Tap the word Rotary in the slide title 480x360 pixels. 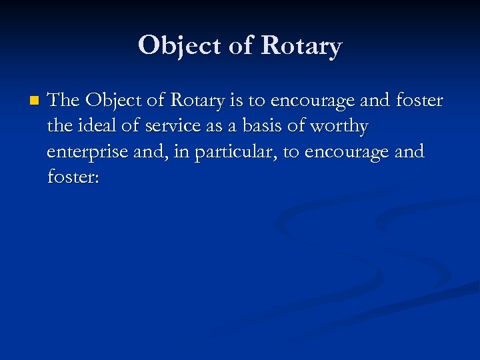(301, 45)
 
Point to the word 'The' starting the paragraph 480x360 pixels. (64, 100)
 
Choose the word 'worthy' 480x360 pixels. (341, 126)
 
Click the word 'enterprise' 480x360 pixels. (87, 152)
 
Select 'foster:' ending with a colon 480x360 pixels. (73, 177)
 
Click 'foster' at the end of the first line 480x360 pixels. (419, 100)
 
